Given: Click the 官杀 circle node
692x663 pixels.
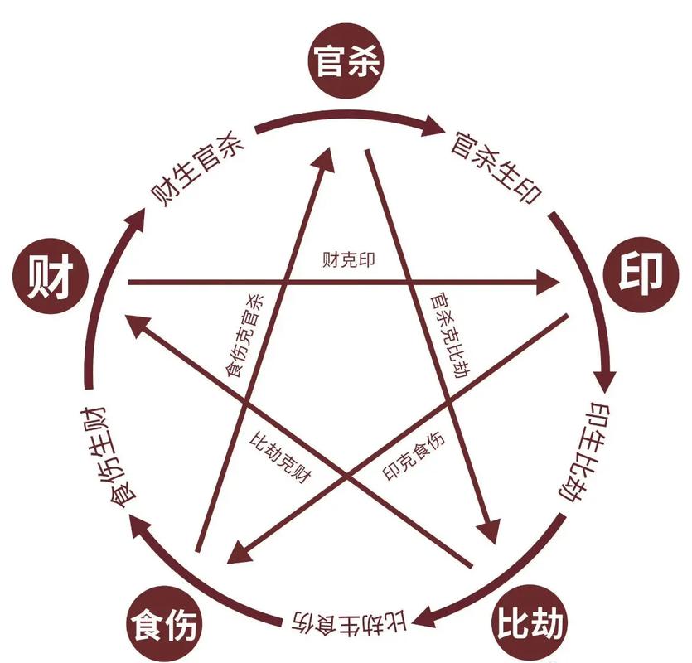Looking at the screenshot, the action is [x=346, y=61].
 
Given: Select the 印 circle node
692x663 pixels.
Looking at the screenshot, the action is [x=641, y=274].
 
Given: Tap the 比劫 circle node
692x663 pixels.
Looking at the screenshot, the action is [x=529, y=624].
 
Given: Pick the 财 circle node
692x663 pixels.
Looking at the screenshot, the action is [x=51, y=276].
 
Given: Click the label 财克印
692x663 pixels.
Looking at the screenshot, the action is [x=349, y=259].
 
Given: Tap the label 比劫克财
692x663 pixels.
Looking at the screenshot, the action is [x=281, y=457].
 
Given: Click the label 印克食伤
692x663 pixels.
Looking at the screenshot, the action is [x=414, y=456].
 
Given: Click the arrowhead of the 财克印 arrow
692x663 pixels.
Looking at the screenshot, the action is [x=547, y=282].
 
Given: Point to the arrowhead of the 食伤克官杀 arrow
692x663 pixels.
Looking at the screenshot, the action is [x=326, y=159].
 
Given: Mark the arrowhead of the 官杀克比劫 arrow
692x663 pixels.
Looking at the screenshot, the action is [x=488, y=530].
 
